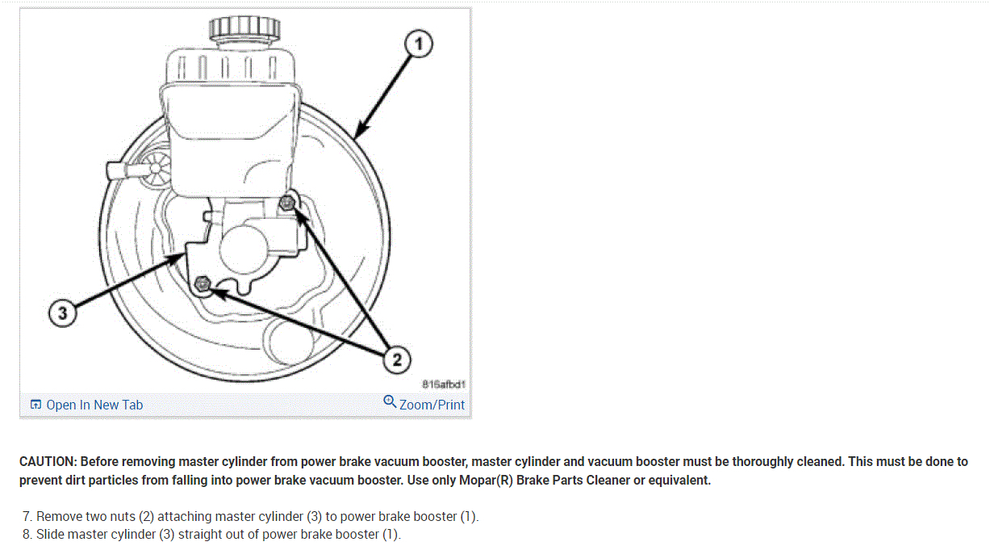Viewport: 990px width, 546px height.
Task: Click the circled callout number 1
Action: pyautogui.click(x=419, y=45)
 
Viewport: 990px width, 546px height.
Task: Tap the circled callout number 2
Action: pyautogui.click(x=396, y=359)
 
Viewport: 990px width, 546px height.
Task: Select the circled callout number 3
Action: pyautogui.click(x=63, y=313)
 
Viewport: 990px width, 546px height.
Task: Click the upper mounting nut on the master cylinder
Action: pyautogui.click(x=286, y=203)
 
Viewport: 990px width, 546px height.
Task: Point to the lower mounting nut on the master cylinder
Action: pyautogui.click(x=203, y=283)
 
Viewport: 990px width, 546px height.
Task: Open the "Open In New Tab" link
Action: pyautogui.click(x=94, y=405)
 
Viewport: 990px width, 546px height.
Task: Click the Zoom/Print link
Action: pyautogui.click(x=432, y=405)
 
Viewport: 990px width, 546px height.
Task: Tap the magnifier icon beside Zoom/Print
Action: pyautogui.click(x=390, y=402)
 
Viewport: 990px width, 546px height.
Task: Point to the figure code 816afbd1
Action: pyautogui.click(x=445, y=384)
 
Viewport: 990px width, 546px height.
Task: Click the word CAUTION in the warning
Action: pyautogui.click(x=48, y=462)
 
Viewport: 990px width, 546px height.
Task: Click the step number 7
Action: pyautogui.click(x=27, y=516)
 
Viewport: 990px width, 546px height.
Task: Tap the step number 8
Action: pyautogui.click(x=27, y=534)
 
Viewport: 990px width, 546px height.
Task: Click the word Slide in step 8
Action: pyautogui.click(x=50, y=534)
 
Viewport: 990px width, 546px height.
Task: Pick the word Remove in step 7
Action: pyautogui.click(x=58, y=516)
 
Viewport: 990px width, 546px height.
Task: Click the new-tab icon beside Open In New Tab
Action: pyautogui.click(x=36, y=405)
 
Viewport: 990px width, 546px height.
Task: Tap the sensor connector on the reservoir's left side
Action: pyautogui.click(x=129, y=171)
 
